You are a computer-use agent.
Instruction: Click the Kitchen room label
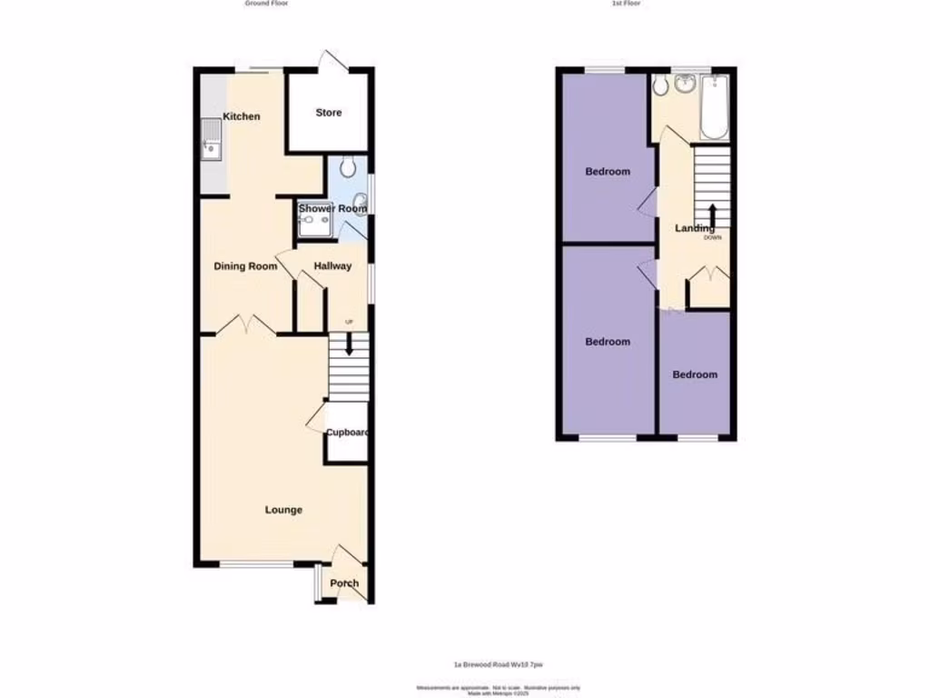coord(242,116)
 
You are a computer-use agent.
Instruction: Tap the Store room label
coord(329,113)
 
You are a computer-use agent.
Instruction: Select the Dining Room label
coord(245,266)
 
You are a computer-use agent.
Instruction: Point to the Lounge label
coord(283,510)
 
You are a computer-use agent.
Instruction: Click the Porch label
coord(344,583)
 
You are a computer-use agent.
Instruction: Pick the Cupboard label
coord(347,433)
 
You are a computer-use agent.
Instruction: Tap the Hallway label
coord(332,266)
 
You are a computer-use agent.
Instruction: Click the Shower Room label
coord(332,209)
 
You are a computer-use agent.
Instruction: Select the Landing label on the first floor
coord(694,228)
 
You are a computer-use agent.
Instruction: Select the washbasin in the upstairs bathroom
coord(685,85)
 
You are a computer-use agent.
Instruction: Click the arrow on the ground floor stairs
coord(349,344)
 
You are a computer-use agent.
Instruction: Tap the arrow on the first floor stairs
coord(712,216)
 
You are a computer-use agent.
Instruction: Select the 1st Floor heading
coord(625,4)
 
